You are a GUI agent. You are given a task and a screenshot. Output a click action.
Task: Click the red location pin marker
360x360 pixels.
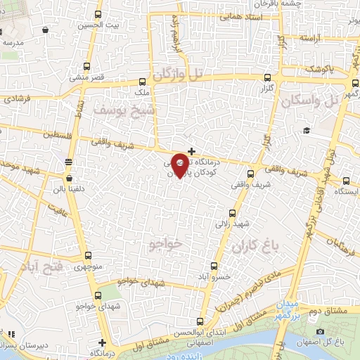pos(180,165)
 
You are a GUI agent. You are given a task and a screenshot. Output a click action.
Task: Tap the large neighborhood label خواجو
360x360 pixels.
pos(166,243)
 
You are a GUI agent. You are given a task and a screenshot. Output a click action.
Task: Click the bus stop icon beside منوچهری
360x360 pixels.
pos(87,257)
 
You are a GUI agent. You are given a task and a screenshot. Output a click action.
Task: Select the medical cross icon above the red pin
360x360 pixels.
pos(191,150)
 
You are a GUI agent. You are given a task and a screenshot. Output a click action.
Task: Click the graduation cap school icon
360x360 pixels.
pos(307,131)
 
